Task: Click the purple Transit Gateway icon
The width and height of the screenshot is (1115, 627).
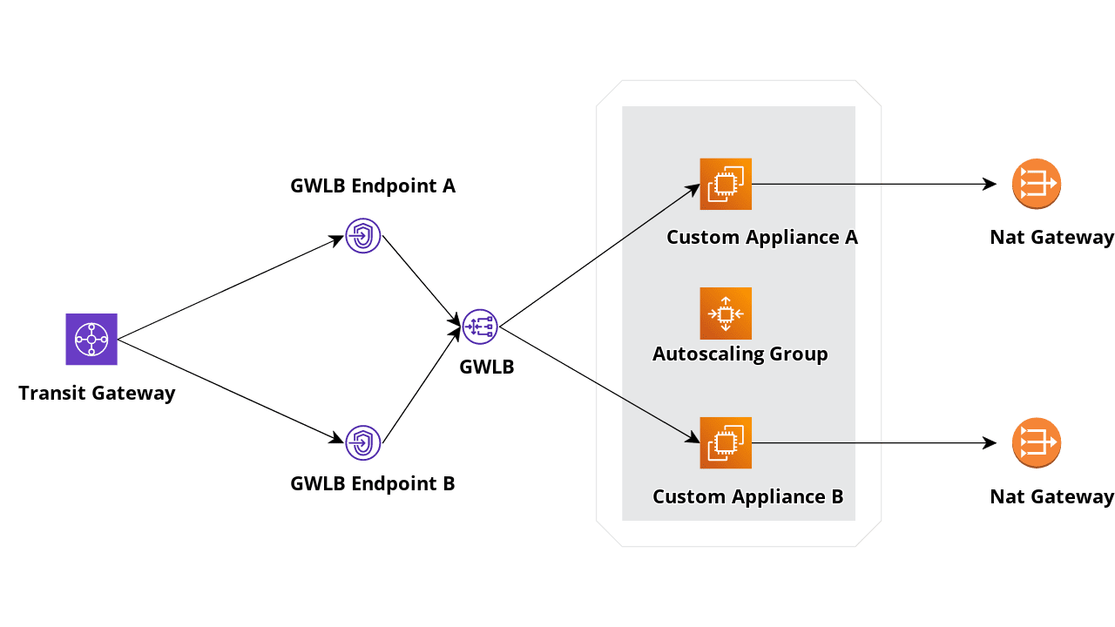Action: tap(91, 339)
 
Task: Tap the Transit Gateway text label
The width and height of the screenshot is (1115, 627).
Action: tap(97, 393)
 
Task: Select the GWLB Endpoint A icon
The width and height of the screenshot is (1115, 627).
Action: tap(363, 236)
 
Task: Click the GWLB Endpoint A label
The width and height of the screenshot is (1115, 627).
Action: tap(373, 185)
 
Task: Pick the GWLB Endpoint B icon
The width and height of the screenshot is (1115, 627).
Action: tap(363, 442)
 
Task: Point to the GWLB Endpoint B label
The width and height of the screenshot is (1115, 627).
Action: tap(373, 483)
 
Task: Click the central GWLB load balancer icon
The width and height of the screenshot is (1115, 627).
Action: tap(480, 327)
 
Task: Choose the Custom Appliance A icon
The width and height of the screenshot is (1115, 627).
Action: tap(726, 184)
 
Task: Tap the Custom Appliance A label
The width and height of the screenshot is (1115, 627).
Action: tap(762, 237)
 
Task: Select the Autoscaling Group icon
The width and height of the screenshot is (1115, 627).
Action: tap(726, 313)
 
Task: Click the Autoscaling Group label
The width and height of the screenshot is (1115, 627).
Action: tap(740, 354)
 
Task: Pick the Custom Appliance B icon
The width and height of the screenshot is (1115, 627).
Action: tap(726, 442)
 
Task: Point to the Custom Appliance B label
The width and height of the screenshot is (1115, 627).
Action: tap(748, 496)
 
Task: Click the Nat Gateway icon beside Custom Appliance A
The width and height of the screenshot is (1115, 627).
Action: tap(1037, 184)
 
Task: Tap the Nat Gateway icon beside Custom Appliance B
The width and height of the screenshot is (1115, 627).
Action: tap(1037, 442)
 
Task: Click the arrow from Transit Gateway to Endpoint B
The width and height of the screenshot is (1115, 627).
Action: tap(231, 391)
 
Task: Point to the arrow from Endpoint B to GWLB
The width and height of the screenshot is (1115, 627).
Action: tap(422, 385)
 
